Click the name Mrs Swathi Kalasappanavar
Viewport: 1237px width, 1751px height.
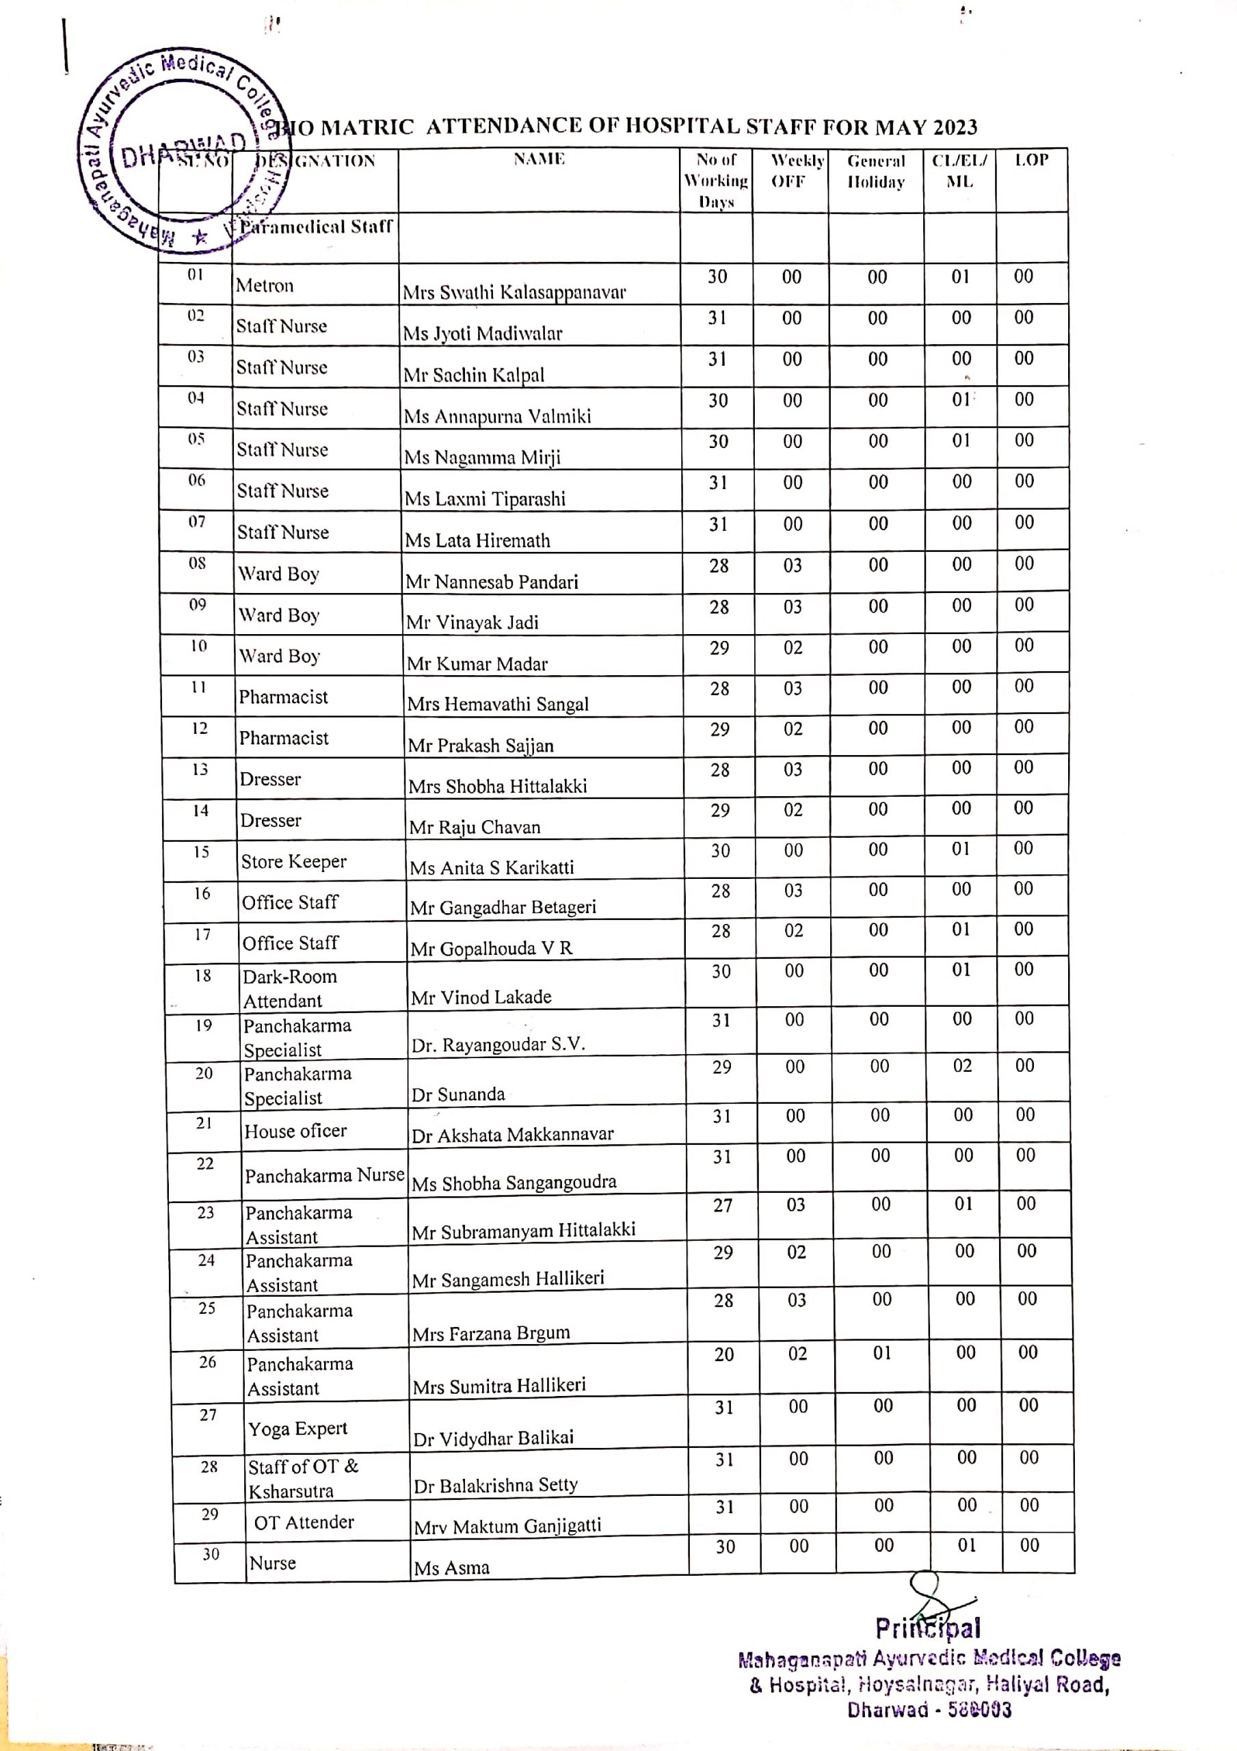(x=514, y=292)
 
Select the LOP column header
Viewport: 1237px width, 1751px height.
(x=1031, y=160)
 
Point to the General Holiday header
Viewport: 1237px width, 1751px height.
(x=876, y=172)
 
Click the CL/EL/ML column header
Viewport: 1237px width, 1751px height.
(x=959, y=171)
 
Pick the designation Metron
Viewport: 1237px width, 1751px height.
(x=265, y=285)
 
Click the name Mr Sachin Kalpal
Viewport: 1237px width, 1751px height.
(x=474, y=374)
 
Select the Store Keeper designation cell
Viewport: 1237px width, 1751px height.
(x=293, y=861)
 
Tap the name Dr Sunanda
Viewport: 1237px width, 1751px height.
(x=458, y=1094)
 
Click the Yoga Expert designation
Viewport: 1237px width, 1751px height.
(x=297, y=1428)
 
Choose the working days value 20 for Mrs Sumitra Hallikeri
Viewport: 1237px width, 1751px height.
(x=723, y=1354)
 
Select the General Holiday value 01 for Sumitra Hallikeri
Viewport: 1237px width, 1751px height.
(x=881, y=1353)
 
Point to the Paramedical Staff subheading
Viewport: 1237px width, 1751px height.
(x=317, y=226)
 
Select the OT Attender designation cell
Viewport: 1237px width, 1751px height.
(x=304, y=1523)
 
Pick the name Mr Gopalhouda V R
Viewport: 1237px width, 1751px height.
(x=491, y=948)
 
